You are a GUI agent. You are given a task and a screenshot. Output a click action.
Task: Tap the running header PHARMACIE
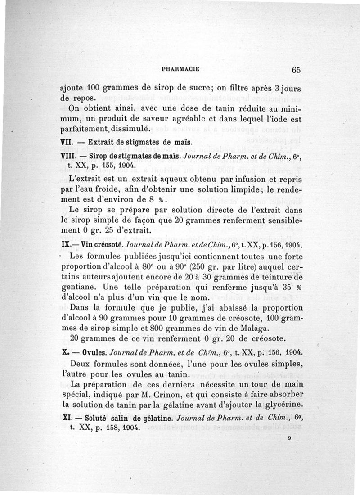(180, 70)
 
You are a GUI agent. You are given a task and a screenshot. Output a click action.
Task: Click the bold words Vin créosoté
(99, 246)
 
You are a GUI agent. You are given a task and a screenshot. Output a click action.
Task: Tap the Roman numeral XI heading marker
(65, 418)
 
